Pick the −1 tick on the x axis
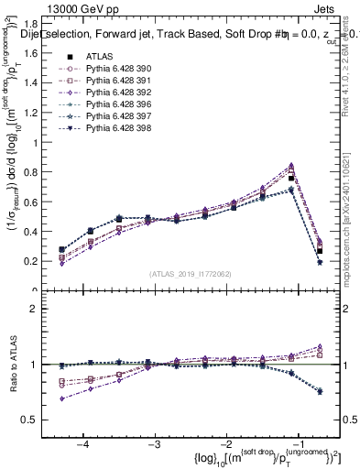click(295, 443)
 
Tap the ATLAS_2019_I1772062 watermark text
click(190, 273)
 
